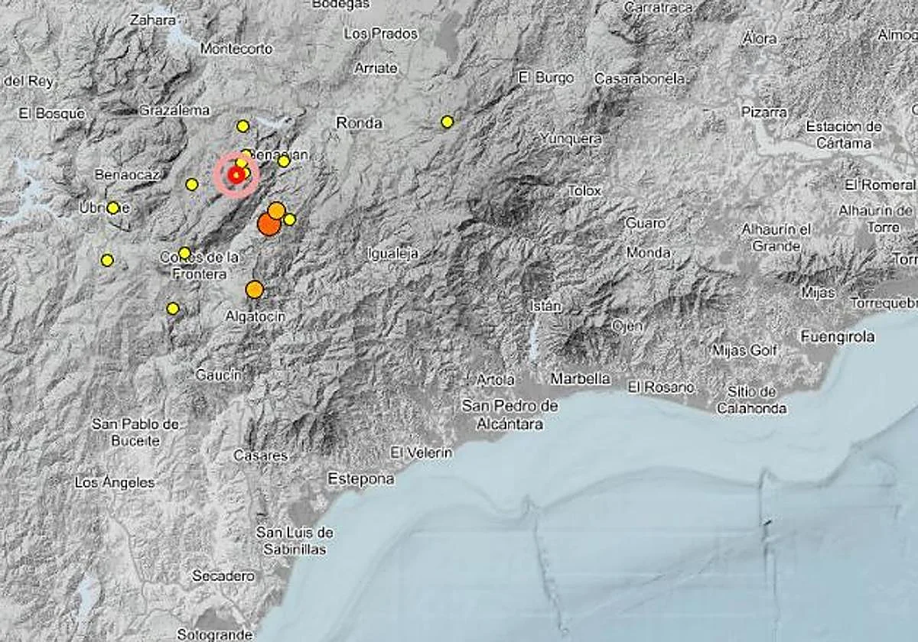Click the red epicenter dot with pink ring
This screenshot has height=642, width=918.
point(236,176)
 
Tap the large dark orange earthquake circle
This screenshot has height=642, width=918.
point(269,224)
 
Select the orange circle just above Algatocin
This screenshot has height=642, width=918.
point(255,289)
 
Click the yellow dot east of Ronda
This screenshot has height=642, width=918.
point(447,122)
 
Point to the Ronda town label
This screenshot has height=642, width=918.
point(359,123)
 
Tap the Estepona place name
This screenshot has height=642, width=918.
point(360,479)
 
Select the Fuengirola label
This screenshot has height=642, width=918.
point(838,336)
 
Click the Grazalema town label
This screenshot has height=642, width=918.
point(174,110)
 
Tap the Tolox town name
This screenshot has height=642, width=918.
point(584,190)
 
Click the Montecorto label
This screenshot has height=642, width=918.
point(236,48)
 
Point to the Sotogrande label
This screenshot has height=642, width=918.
point(215,634)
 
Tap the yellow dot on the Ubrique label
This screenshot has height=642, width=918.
point(113,207)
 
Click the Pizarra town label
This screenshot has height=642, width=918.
point(763,112)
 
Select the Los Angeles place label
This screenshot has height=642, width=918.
point(115,482)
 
